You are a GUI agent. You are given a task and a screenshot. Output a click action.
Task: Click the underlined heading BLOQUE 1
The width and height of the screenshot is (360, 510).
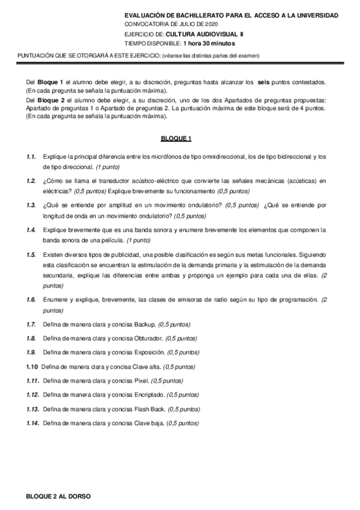coord(176,140)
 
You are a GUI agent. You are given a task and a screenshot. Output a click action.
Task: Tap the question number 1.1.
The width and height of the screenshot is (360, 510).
coord(31,156)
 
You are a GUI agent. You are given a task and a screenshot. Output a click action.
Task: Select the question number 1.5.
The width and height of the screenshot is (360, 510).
coord(31,255)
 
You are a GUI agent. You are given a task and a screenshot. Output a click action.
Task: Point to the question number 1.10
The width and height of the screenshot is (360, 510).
coord(32,366)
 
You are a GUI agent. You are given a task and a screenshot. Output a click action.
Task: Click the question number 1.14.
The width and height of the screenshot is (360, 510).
coord(32,423)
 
